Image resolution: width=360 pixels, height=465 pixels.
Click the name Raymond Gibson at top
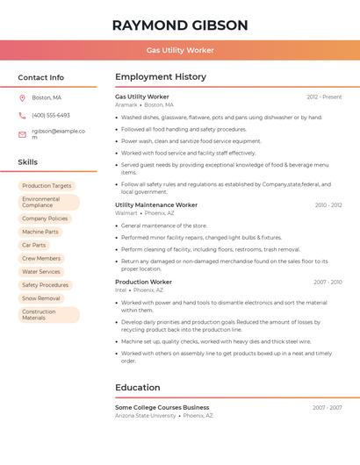click(x=180, y=25)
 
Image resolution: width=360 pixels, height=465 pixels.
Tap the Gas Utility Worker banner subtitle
click(x=180, y=50)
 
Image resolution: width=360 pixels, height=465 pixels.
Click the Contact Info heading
click(x=41, y=77)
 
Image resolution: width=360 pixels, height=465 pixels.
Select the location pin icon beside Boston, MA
click(x=22, y=97)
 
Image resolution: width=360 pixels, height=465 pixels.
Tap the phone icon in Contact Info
click(x=22, y=115)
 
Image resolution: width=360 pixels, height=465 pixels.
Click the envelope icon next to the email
click(x=22, y=134)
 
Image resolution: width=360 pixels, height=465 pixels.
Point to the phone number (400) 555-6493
click(x=51, y=115)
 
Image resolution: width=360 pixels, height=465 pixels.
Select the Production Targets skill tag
click(x=47, y=186)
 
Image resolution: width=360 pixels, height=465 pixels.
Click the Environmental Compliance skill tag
click(x=48, y=202)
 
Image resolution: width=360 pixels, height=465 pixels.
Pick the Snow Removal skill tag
click(x=41, y=298)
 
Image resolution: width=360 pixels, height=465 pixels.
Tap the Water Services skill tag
click(x=41, y=272)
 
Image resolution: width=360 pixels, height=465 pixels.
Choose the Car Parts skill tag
click(x=34, y=245)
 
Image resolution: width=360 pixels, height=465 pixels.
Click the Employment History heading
click(x=161, y=77)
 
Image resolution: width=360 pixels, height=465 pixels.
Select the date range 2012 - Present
click(x=324, y=97)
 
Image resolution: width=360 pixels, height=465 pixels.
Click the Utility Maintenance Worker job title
click(x=156, y=204)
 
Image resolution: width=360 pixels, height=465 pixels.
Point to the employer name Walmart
click(x=126, y=213)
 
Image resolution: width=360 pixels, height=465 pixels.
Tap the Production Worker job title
click(x=143, y=282)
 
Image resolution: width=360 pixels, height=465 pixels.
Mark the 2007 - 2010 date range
click(x=328, y=283)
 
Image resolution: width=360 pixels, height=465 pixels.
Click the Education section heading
click(x=138, y=387)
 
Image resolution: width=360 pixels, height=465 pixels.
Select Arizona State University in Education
click(x=145, y=416)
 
